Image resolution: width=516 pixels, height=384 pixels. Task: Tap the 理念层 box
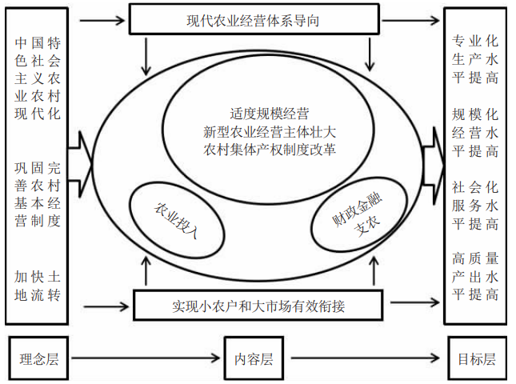(37, 359)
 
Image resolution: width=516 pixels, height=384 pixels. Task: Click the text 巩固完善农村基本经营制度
(38, 194)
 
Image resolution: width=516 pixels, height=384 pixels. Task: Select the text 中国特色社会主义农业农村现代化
(38, 77)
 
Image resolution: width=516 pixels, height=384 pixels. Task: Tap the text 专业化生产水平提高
(475, 59)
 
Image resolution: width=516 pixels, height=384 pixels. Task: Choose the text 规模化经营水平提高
(475, 131)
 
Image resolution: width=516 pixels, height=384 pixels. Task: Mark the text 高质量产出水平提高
(475, 276)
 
